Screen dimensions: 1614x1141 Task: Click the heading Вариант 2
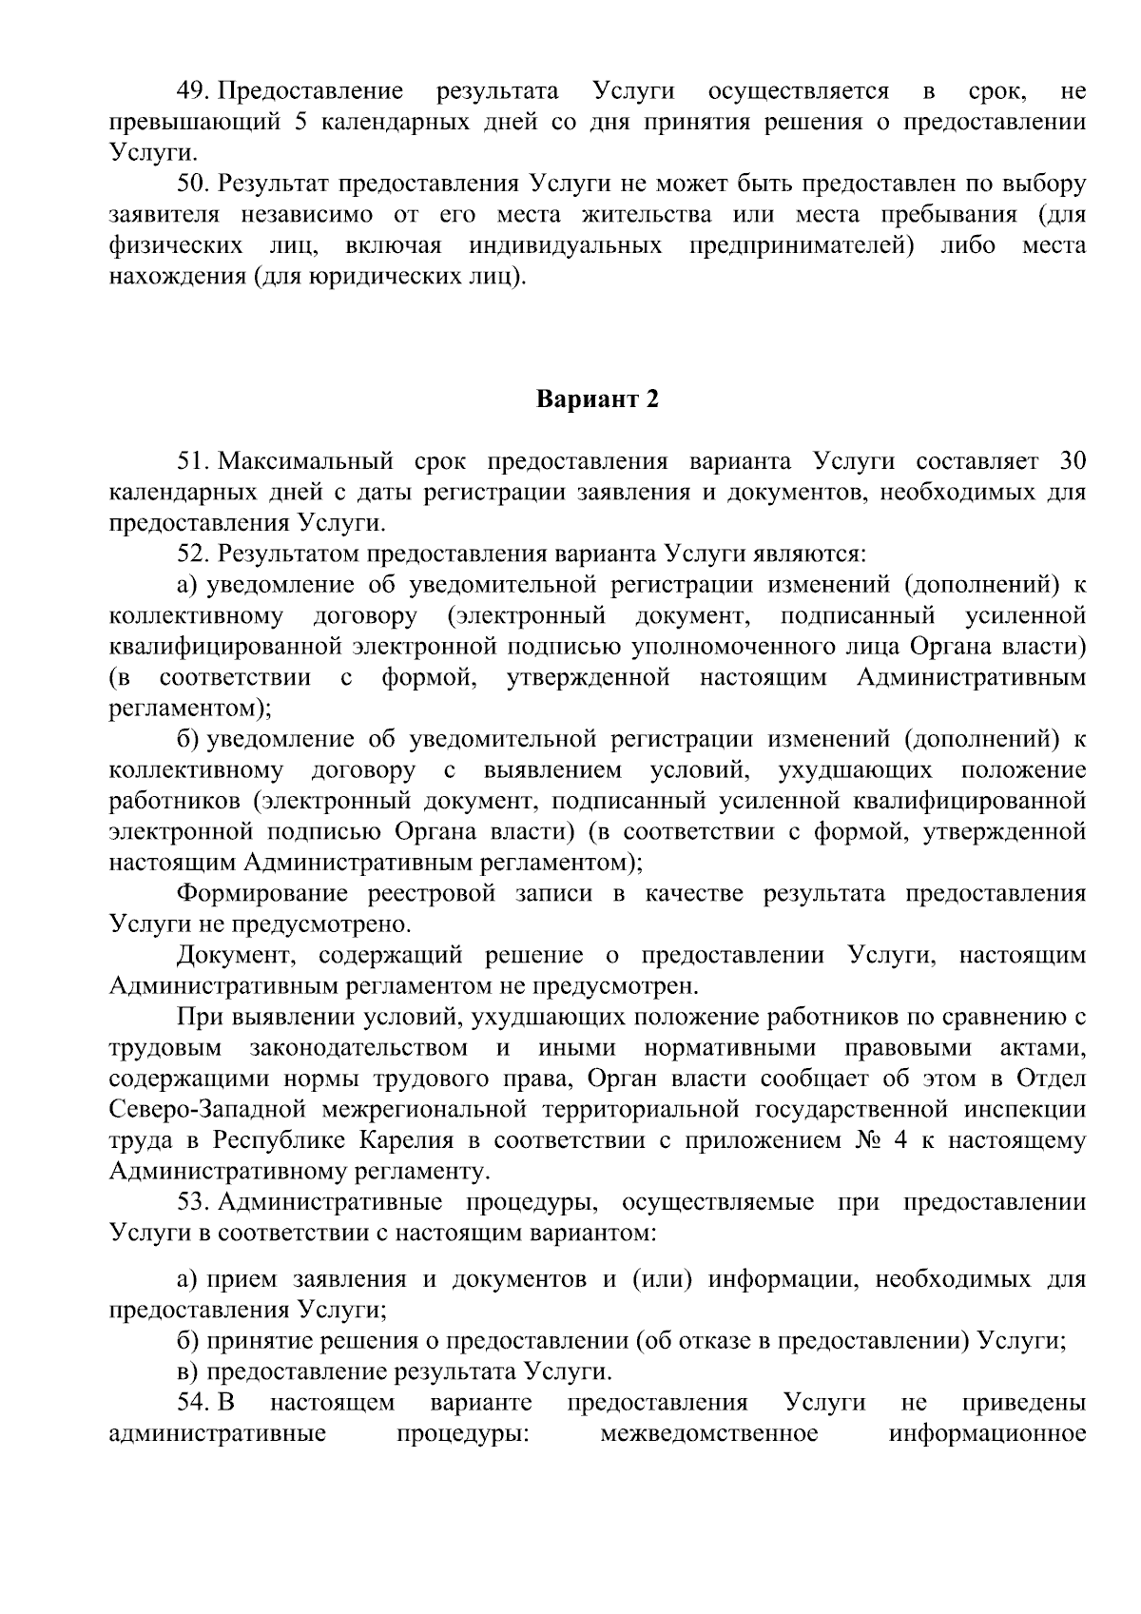(x=597, y=399)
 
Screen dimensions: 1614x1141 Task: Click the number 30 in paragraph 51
(x=1072, y=461)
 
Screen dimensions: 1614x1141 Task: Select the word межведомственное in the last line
(x=708, y=1433)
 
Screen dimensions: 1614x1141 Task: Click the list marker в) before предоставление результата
(x=187, y=1371)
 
